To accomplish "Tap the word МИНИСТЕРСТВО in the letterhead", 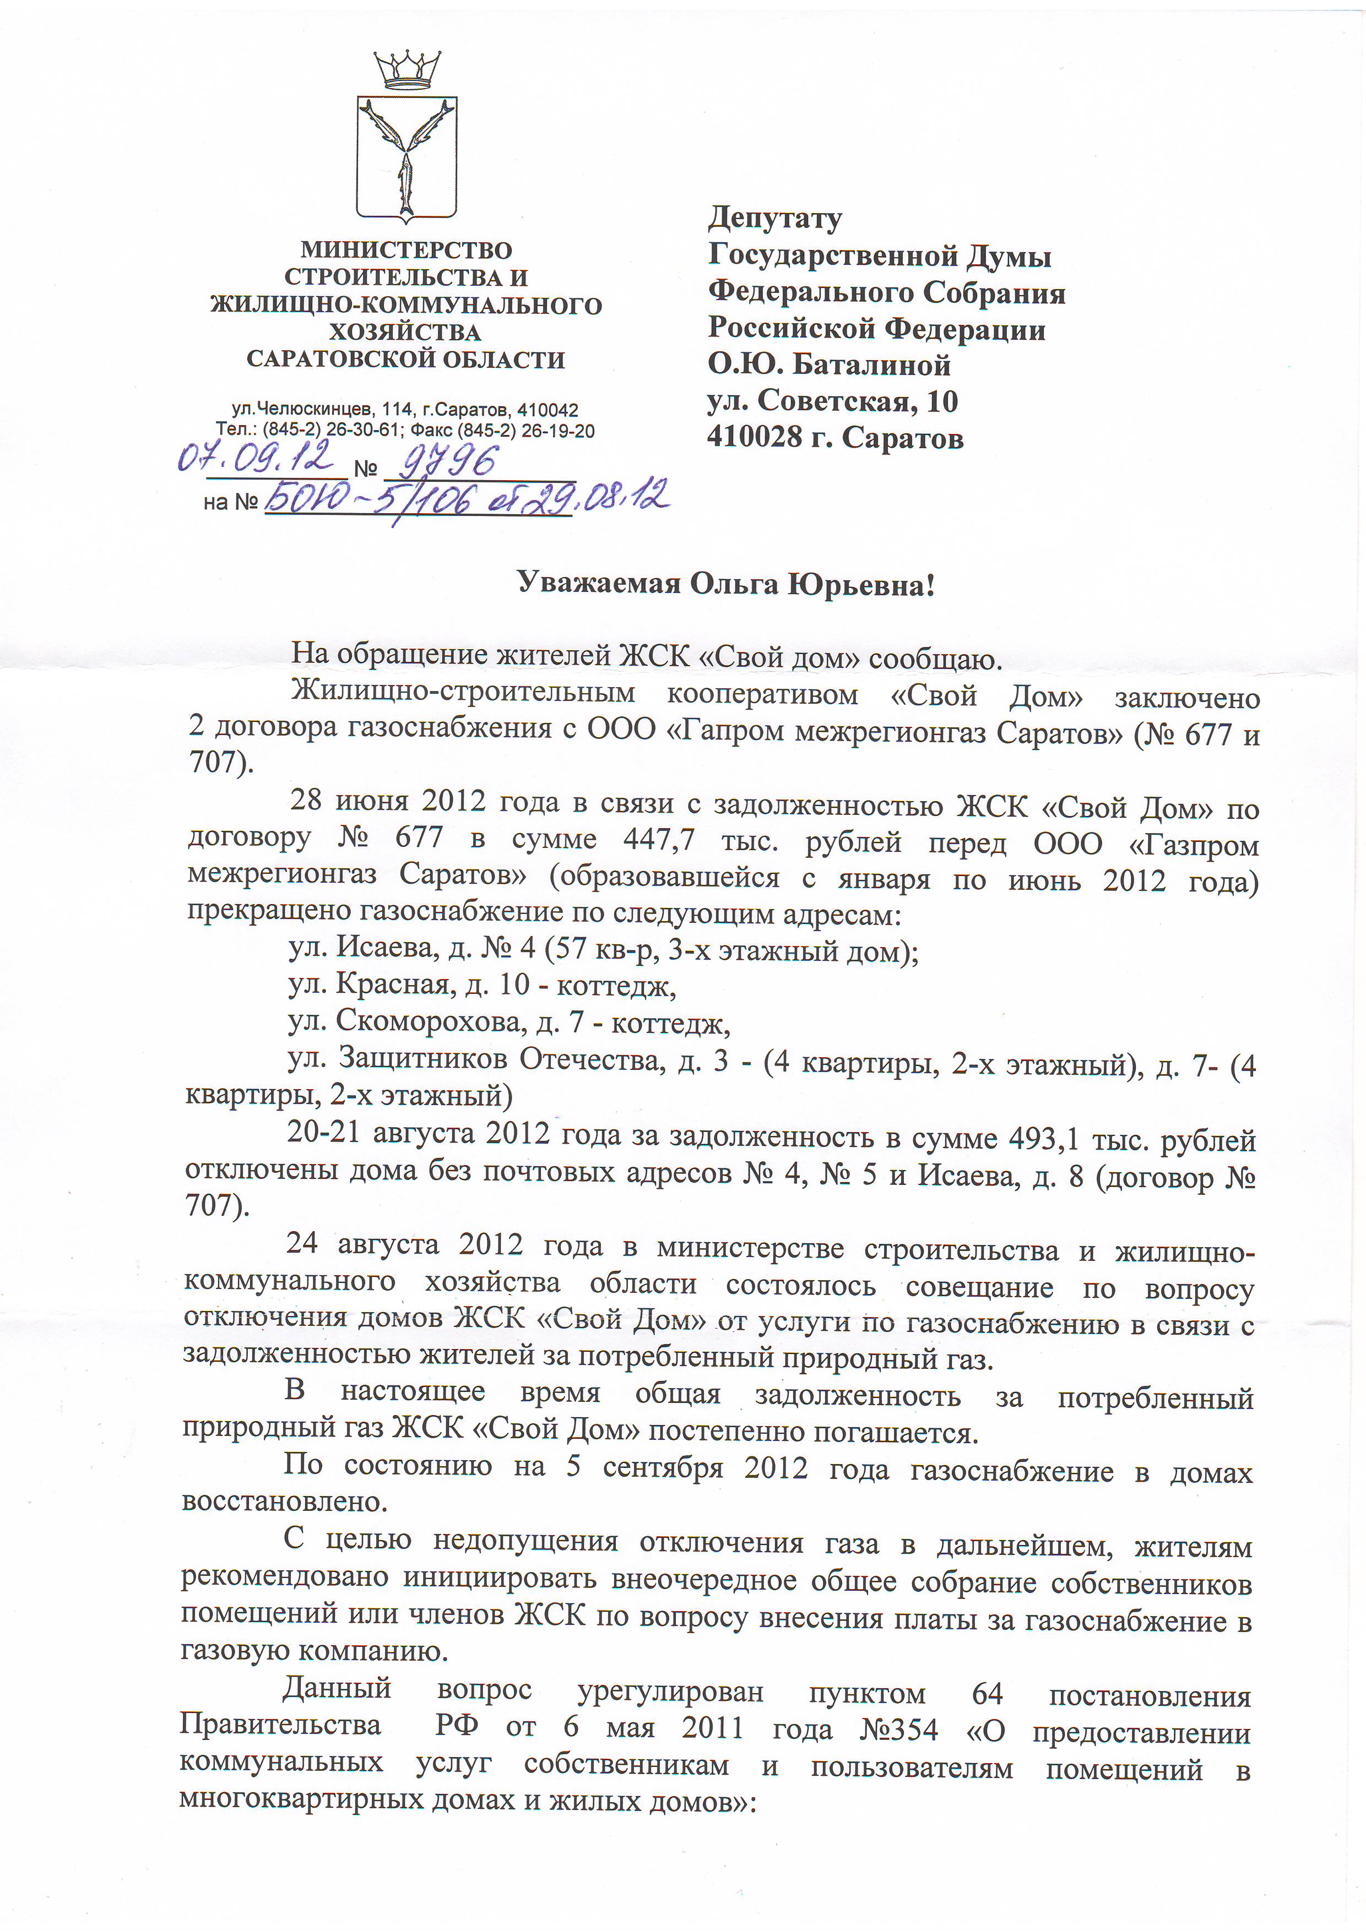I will coord(406,251).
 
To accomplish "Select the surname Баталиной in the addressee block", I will coord(872,365).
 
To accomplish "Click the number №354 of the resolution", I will coord(898,1729).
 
